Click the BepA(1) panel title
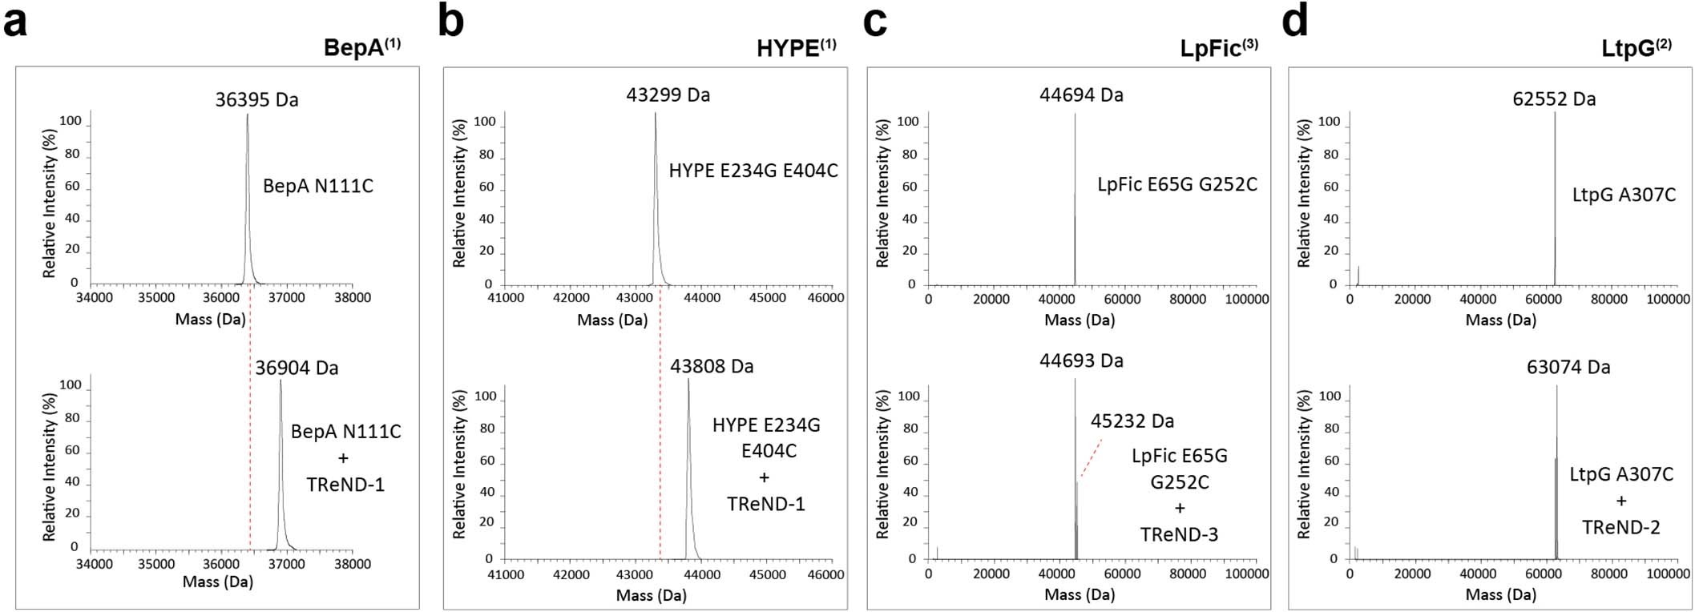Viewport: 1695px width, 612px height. click(x=361, y=48)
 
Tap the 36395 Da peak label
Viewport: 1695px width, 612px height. click(x=256, y=100)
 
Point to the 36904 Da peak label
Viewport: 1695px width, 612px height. click(x=297, y=368)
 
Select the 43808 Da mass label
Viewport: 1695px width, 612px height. click(x=712, y=367)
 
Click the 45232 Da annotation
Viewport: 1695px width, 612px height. click(x=1132, y=421)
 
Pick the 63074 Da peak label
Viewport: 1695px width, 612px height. click(x=1568, y=368)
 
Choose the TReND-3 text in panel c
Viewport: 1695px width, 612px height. click(x=1179, y=534)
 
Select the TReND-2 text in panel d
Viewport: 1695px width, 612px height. click(x=1620, y=528)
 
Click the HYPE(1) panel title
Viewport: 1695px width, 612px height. click(x=796, y=48)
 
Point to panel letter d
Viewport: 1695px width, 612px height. click(x=1295, y=22)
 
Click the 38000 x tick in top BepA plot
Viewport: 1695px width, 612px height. click(x=353, y=298)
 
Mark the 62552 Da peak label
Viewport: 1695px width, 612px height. click(x=1554, y=99)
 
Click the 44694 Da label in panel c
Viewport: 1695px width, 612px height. click(x=1081, y=95)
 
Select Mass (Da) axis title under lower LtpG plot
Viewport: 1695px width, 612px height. click(x=1500, y=594)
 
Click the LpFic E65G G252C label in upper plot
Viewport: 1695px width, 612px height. click(x=1177, y=185)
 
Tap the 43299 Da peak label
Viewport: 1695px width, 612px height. click(x=668, y=95)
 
